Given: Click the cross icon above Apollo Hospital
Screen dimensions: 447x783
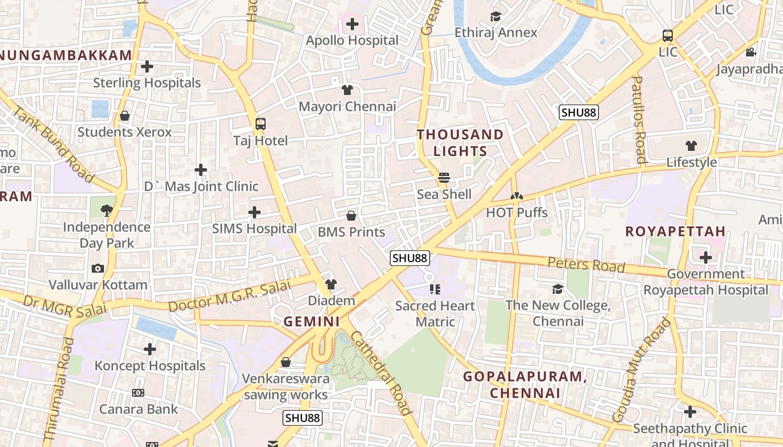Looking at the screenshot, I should [352, 24].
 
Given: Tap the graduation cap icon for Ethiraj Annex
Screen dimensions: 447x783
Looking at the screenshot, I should [496, 16].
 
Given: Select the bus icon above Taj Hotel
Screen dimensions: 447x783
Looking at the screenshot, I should [261, 123].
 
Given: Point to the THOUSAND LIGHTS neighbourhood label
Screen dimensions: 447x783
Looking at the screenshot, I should [460, 142].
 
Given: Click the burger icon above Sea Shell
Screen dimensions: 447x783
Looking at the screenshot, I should [444, 178].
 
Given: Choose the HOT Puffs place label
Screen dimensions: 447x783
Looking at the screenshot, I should [517, 212].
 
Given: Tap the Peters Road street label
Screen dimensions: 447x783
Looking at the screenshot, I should [586, 264].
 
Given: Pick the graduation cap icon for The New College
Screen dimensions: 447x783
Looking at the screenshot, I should [558, 289].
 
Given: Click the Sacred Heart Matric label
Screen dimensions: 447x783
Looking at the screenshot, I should [435, 313].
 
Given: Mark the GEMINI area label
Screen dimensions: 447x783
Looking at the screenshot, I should [312, 321].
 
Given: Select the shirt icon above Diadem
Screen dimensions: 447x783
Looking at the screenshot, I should [331, 284].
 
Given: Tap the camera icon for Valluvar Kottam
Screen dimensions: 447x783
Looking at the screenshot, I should [98, 269].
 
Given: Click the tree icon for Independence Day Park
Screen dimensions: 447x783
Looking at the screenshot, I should [106, 211].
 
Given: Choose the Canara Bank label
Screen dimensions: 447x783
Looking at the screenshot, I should [138, 409].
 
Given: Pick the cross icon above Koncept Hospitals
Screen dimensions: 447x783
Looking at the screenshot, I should [150, 349].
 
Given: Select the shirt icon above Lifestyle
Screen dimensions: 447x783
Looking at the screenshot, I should [691, 146].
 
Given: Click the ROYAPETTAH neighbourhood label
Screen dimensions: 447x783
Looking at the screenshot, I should [675, 231].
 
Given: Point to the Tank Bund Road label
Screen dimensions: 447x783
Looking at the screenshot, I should [53, 144].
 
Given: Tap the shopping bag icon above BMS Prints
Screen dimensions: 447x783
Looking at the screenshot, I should [351, 216].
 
